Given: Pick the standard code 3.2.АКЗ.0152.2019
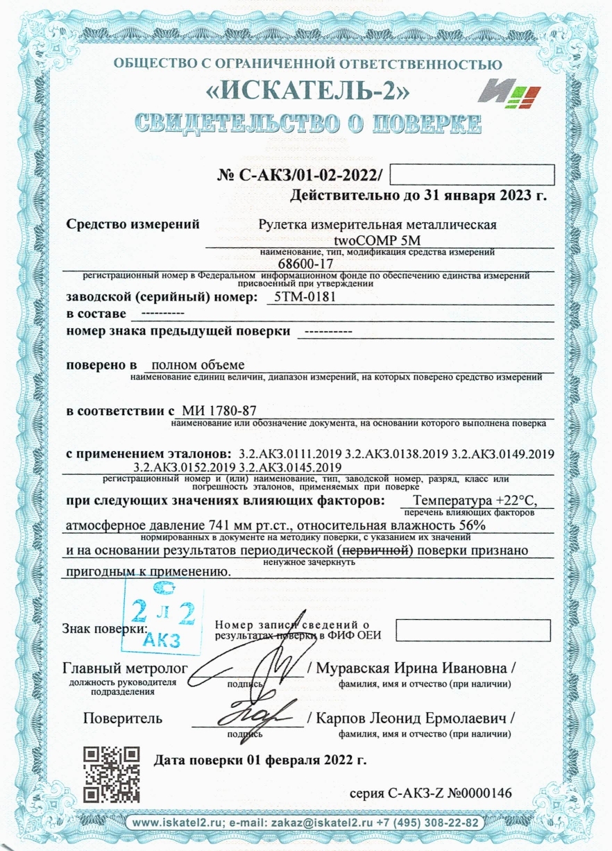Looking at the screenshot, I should click(178, 467).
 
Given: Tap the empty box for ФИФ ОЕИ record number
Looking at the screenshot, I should click(473, 630).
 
